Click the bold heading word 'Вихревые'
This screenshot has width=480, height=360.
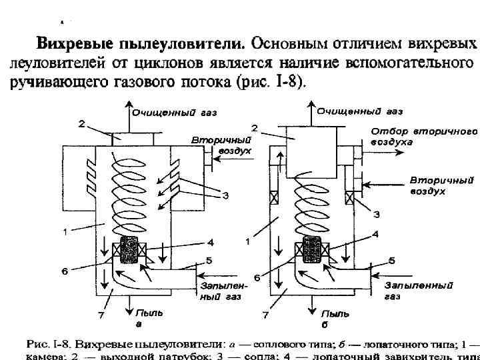point(75,45)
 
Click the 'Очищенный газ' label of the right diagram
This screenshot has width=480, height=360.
point(359,110)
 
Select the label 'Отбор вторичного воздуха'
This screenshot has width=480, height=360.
point(424,137)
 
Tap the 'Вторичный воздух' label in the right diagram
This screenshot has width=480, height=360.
point(441,185)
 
